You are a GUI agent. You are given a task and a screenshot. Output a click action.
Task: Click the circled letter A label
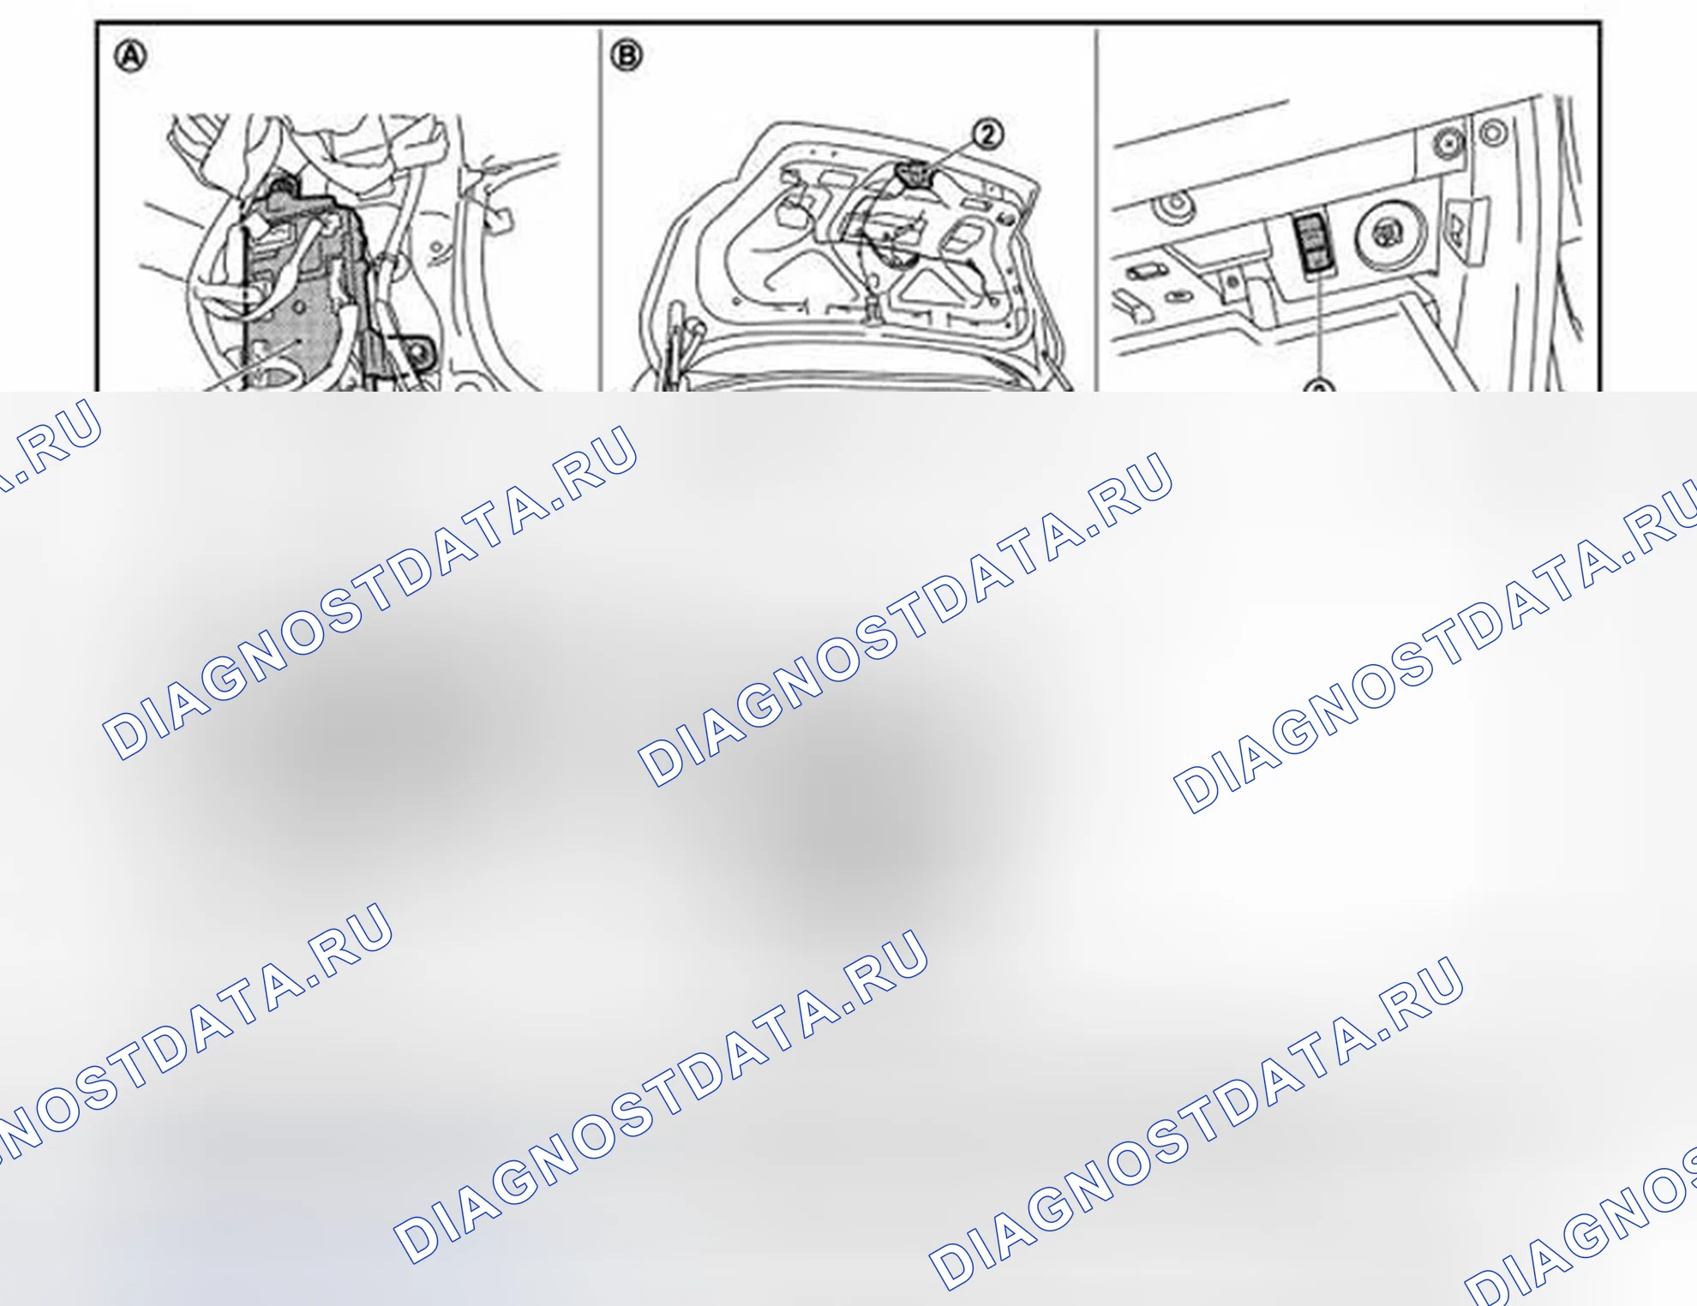[x=131, y=57]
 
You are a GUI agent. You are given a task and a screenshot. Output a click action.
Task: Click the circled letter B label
[x=627, y=56]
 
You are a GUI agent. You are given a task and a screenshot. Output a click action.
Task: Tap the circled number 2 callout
[x=988, y=134]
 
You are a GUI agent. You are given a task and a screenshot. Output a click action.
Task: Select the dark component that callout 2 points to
[x=913, y=175]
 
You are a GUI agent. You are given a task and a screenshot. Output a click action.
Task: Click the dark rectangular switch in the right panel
[x=1312, y=245]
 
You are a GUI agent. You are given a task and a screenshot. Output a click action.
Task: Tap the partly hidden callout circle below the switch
[x=1319, y=386]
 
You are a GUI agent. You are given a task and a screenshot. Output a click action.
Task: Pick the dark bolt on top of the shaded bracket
[x=280, y=185]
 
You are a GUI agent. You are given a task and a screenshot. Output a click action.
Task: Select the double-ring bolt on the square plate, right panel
[x=1448, y=142]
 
